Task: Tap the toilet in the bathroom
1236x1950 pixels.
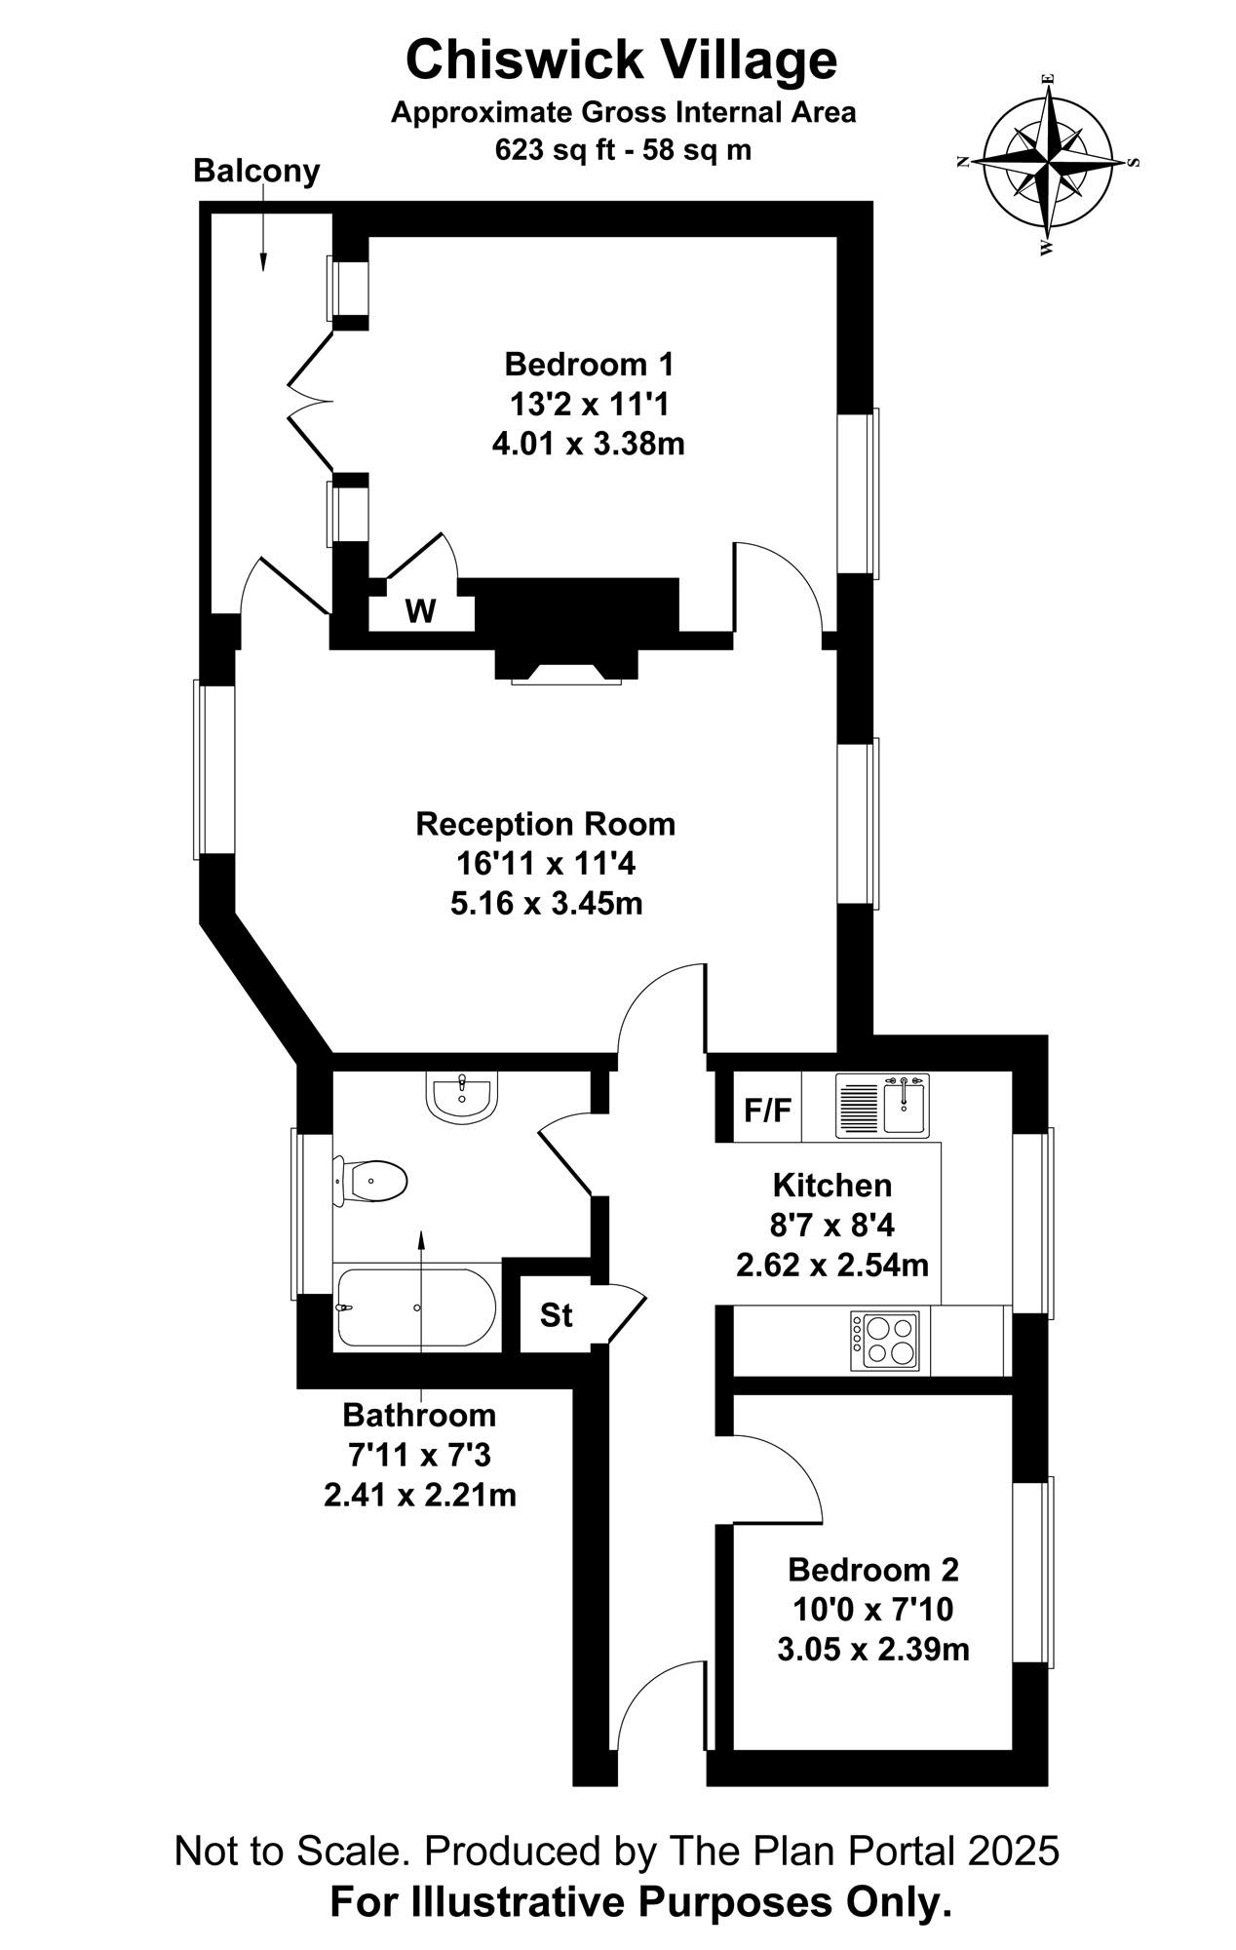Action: coord(370,1182)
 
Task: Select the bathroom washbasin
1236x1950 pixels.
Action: coord(462,1098)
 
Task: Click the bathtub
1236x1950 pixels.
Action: coord(416,1307)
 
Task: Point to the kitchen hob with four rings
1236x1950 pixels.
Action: coord(885,1341)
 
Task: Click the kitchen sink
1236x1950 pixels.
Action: coord(882,1106)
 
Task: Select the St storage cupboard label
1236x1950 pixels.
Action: coord(556,1315)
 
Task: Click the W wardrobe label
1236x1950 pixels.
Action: coord(420,611)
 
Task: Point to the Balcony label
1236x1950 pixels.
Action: coord(256,171)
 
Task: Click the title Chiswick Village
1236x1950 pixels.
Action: coord(621,59)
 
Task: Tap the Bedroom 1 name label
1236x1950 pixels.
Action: coord(589,365)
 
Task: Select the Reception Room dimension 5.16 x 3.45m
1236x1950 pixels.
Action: coord(546,904)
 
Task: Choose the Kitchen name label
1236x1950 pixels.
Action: coord(832,1186)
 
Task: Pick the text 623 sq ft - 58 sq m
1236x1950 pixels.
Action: coord(624,150)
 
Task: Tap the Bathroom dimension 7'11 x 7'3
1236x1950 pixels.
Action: coord(420,1455)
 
